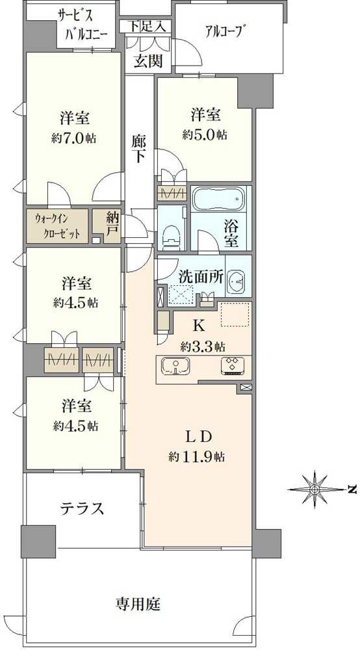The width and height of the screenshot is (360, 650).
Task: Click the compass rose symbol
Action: [315, 490]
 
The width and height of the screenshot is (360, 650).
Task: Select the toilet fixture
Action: [171, 233]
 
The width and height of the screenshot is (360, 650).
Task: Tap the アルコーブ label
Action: [223, 31]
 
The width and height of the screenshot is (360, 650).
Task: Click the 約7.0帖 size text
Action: [73, 138]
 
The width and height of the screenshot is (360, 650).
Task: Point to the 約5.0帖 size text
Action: [205, 135]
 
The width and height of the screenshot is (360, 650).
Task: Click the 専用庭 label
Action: [138, 604]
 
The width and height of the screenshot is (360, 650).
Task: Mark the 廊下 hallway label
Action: [140, 149]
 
